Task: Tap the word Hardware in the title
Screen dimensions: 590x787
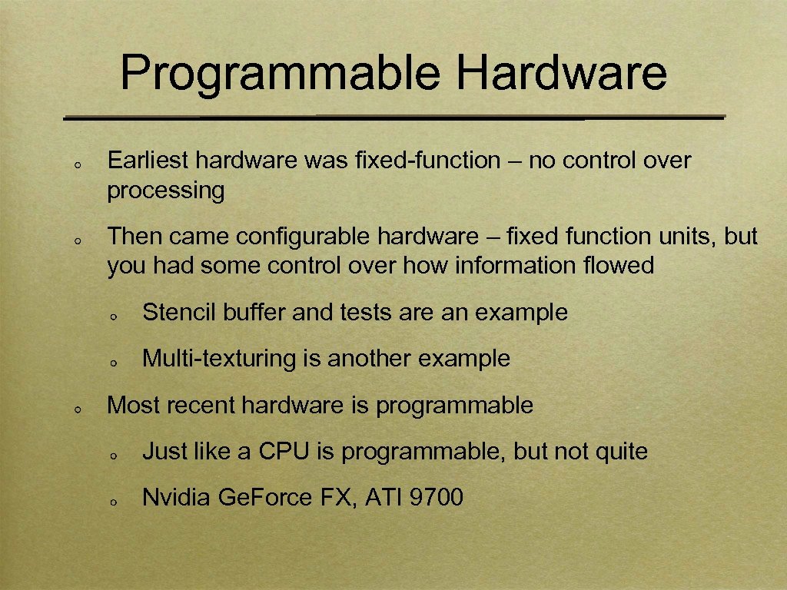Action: click(562, 73)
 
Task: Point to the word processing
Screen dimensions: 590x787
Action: click(166, 191)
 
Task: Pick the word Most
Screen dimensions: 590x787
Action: click(132, 405)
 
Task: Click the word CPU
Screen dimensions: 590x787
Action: click(284, 451)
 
